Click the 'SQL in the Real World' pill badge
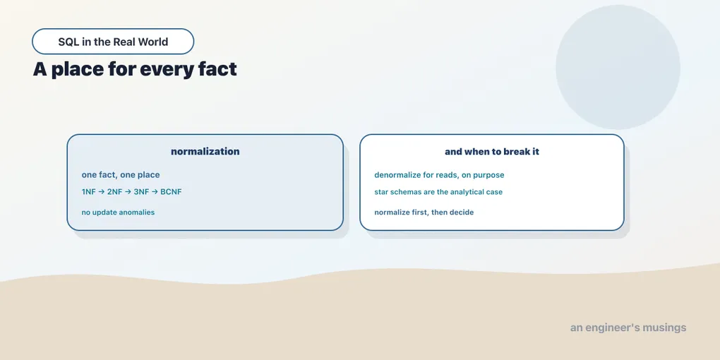113,42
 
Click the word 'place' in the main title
76,69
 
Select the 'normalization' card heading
205,152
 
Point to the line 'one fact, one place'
121,175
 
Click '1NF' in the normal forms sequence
89,192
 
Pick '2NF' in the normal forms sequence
115,192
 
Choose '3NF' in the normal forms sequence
141,192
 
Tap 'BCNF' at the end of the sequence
171,192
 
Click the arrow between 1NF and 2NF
102,192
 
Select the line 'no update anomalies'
118,212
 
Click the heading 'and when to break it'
492,152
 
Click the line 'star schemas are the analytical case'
438,192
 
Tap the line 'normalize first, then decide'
424,212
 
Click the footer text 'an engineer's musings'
628,328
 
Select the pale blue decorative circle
618,67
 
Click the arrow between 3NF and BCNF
155,192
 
